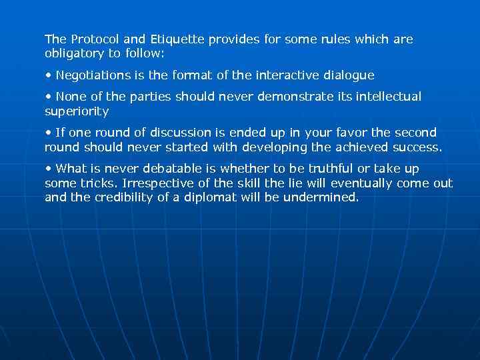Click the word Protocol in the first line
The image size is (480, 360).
tap(93, 39)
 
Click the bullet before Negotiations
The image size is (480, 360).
tap(49, 75)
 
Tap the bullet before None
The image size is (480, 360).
tap(49, 97)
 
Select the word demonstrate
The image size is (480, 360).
tap(298, 97)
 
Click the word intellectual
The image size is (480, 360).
tap(390, 97)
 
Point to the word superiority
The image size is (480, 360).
tap(76, 111)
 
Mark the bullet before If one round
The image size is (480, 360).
tap(49, 133)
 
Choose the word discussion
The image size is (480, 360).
tap(161, 133)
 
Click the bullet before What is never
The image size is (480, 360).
tap(49, 169)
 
